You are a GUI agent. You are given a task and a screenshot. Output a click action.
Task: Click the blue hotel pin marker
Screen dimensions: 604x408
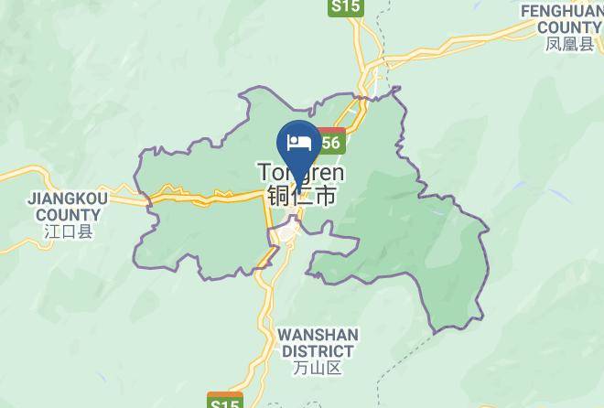[297, 146]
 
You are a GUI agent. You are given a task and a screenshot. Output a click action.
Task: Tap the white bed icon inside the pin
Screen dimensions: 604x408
[298, 143]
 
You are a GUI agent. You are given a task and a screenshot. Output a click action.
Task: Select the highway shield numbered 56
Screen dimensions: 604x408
[329, 142]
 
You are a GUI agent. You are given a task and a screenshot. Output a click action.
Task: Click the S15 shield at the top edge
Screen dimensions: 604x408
[347, 6]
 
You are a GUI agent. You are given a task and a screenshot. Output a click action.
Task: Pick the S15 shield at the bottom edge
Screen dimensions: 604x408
[224, 401]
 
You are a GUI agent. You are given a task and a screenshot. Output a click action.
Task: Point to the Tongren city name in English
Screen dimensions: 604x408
[301, 172]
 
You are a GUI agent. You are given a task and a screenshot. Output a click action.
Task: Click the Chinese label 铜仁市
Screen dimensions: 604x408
[301, 195]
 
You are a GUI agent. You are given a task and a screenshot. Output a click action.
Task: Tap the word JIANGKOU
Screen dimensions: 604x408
[68, 199]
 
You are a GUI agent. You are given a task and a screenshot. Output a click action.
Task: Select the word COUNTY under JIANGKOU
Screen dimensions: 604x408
[68, 215]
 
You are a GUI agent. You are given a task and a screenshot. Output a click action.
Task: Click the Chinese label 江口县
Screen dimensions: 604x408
[69, 232]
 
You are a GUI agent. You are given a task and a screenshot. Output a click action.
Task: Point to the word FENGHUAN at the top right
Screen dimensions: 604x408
[561, 11]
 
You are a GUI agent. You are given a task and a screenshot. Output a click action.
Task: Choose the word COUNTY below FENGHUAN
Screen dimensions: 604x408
[569, 27]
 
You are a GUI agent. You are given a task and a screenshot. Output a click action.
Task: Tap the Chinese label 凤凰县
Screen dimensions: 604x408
[569, 44]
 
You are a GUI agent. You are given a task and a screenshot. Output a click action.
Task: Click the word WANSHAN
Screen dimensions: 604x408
[318, 335]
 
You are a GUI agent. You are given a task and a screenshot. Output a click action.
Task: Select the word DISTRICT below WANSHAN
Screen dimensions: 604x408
[318, 351]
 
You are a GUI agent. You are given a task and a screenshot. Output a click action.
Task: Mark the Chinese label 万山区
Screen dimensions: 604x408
[318, 369]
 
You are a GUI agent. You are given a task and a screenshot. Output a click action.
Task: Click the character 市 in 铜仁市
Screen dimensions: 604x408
[324, 195]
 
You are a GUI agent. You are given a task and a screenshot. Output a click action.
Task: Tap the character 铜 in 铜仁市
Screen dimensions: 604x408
[279, 195]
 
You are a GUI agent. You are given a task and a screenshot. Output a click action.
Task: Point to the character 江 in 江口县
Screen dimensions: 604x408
[52, 232]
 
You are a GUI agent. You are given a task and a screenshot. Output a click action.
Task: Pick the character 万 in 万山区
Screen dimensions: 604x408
[301, 369]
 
